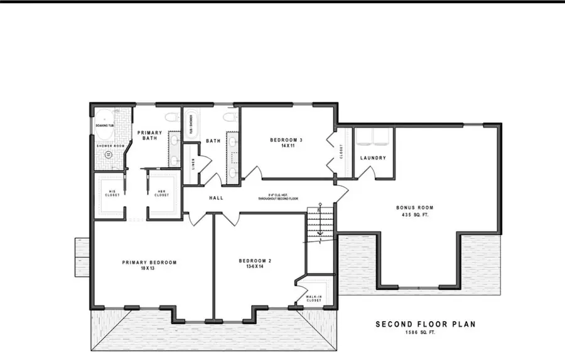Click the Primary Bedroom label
tap(149, 262)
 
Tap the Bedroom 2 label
tap(256, 260)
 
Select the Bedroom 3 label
tap(286, 139)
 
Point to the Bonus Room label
tap(414, 207)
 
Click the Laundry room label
tap(374, 158)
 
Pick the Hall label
tap(216, 198)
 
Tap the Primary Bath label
tap(150, 135)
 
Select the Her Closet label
tap(162, 194)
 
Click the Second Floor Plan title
tap(425, 324)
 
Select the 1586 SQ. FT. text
tap(425, 332)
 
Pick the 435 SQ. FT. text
tap(414, 214)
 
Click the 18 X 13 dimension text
tap(149, 269)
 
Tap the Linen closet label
tap(193, 163)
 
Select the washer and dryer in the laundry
tap(374, 136)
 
